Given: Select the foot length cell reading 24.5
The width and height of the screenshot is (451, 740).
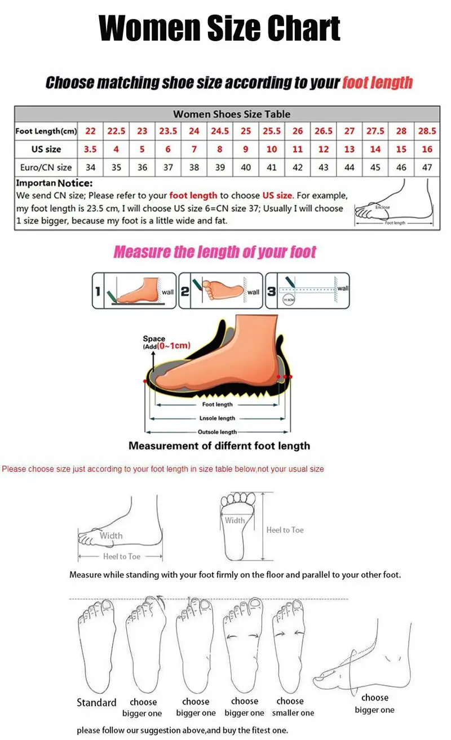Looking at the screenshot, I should coord(220,131).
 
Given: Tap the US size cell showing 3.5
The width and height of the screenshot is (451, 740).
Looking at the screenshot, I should coord(90,149).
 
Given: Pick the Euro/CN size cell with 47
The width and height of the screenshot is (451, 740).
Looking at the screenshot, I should coord(427,168).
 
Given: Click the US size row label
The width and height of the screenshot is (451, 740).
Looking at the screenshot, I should coord(46,149).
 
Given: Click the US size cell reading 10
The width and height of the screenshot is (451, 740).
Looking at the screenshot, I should coord(272,149).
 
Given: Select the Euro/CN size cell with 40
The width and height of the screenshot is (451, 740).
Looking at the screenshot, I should coord(246,168).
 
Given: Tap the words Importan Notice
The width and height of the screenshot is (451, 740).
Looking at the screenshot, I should coord(54,183).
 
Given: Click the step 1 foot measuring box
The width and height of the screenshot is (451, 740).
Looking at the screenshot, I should coord(135,290).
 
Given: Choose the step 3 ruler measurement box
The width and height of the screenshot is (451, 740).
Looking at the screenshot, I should coord(308,290).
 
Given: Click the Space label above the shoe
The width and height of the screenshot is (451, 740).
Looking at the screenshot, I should coord(154,339).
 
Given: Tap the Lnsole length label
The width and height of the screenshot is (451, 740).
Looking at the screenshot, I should coord(217,419).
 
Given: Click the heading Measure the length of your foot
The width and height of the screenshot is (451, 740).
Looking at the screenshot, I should coord(215,252).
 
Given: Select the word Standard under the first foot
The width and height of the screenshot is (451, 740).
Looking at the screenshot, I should coord(96,703).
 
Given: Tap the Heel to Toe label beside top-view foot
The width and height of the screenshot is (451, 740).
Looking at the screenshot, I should coord(285,530).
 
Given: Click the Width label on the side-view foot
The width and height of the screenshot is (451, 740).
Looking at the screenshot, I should coord(110,536).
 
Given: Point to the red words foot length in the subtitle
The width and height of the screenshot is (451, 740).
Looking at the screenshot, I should coord(377,83).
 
